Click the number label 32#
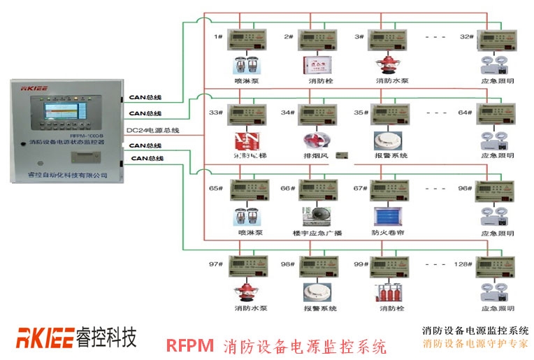click(466, 36)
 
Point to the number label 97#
click(215, 264)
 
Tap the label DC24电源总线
click(153, 130)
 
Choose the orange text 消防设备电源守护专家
click(475, 343)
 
